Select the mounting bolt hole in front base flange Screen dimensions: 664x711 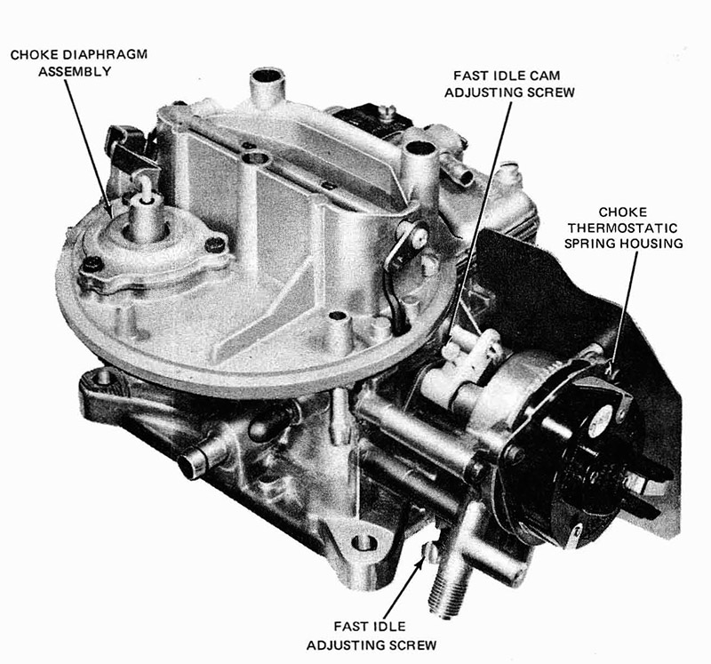coord(360,541)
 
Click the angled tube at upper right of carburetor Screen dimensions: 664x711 coord(462,173)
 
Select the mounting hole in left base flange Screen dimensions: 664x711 coord(103,378)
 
